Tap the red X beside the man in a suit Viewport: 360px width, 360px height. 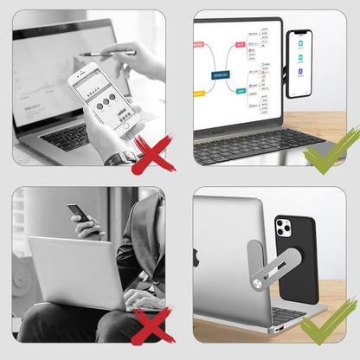(152, 326)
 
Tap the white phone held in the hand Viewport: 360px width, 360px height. (100, 98)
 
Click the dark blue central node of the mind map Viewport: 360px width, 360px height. (228, 75)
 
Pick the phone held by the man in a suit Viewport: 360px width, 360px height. (78, 215)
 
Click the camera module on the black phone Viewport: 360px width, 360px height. (284, 228)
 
